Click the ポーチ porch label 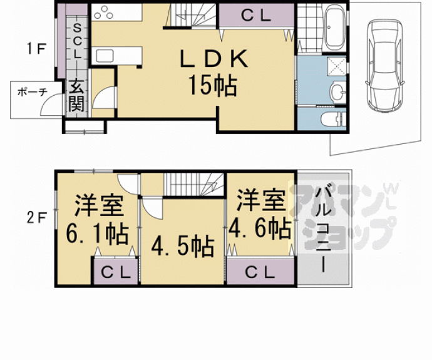(33, 91)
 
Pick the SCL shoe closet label (77, 41)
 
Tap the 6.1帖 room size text (97, 234)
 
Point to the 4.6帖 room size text (260, 229)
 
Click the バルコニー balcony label (324, 229)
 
